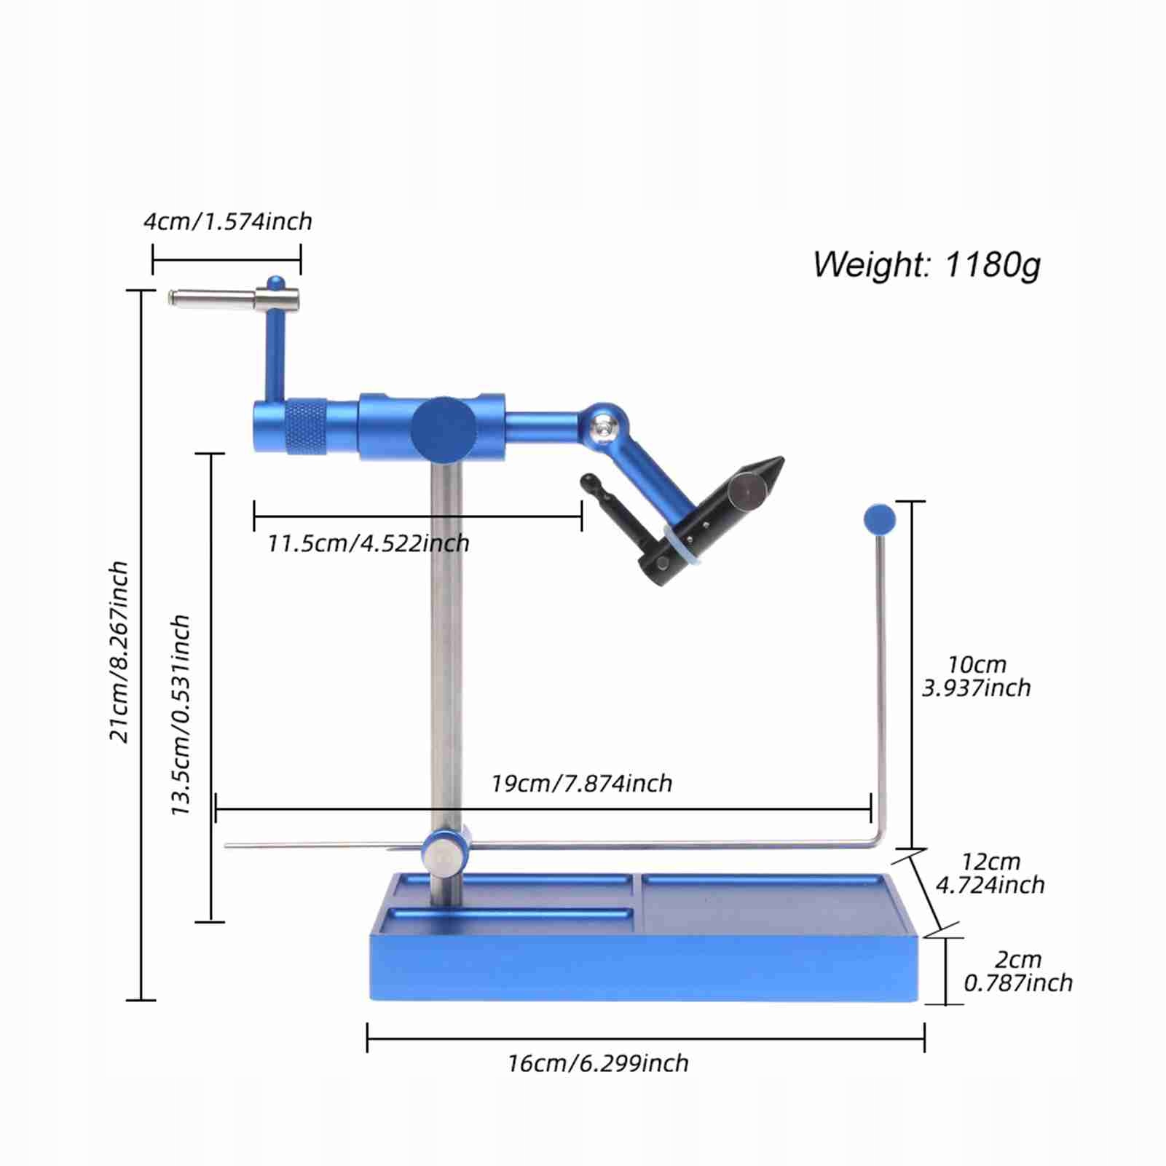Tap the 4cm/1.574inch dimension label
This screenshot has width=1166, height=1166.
(227, 221)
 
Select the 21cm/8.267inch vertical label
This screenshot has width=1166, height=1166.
(119, 651)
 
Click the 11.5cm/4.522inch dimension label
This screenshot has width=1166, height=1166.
(368, 543)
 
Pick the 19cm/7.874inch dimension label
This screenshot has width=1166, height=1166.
(581, 784)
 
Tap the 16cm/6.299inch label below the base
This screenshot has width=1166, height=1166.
(598, 1063)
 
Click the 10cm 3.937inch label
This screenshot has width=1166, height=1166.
(977, 676)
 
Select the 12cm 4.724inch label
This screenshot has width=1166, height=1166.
(990, 873)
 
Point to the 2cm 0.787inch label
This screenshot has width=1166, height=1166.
(1018, 971)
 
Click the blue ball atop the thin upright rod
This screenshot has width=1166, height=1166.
(879, 519)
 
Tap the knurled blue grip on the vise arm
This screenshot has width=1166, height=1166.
(305, 427)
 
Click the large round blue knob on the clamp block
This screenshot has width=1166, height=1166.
(444, 429)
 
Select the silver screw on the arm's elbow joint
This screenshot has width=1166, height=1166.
(603, 428)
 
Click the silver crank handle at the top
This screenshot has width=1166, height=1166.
(233, 299)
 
